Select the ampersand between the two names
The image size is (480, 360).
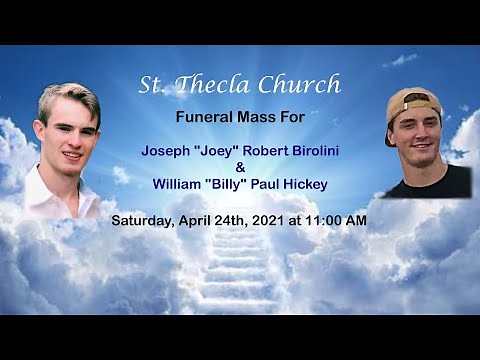tap(239, 168)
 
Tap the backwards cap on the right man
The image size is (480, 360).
tap(412, 103)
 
